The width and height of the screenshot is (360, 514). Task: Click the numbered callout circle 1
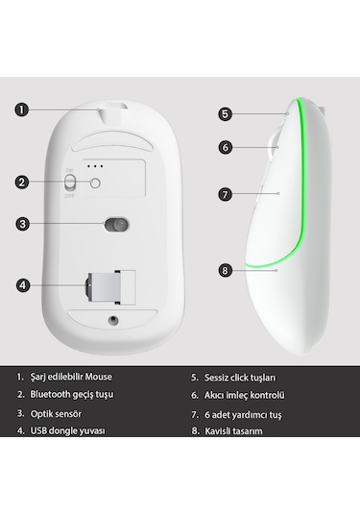coord(22,109)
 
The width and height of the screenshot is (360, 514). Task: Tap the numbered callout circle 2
coord(22,181)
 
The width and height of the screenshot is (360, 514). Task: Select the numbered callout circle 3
coord(22,225)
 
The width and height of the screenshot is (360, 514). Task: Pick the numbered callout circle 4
coord(22,284)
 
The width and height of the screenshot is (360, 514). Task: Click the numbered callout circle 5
coord(225,113)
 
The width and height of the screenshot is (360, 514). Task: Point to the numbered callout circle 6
coord(225,148)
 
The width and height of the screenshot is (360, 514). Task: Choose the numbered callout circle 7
coord(225,193)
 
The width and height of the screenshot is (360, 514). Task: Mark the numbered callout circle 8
coord(225,270)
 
